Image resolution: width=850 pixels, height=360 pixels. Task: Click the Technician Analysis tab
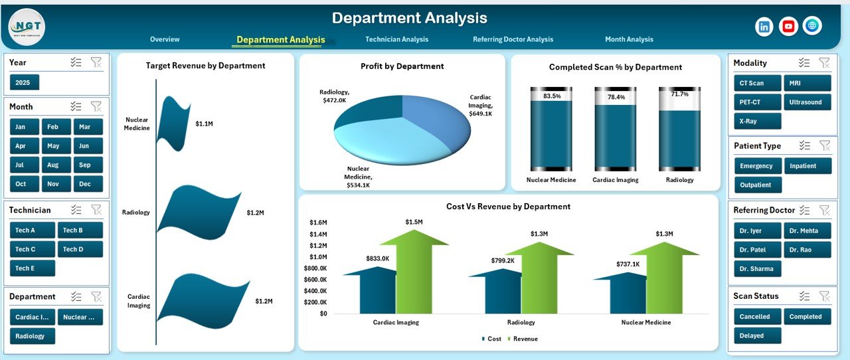point(396,40)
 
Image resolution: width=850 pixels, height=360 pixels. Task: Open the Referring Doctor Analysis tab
point(513,40)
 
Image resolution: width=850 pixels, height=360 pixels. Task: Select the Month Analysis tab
point(629,40)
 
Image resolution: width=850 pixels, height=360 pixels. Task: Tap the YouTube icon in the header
point(788,27)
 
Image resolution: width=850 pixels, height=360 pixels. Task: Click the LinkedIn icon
point(764,27)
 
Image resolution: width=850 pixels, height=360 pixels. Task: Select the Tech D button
point(80,250)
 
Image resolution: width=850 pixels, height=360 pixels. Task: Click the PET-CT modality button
point(757,102)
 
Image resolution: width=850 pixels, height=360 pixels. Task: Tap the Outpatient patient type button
point(758,185)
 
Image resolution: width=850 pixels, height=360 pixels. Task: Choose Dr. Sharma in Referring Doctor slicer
point(757,269)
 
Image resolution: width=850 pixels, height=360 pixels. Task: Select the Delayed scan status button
point(757,336)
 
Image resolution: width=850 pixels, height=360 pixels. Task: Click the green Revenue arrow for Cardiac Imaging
point(414,272)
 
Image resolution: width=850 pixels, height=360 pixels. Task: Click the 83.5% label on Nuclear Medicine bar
point(551,96)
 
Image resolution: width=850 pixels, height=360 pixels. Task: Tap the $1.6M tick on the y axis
point(318,223)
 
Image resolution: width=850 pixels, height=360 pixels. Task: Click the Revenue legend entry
point(525,339)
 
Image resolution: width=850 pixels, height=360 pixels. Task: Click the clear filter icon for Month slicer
point(96,106)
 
